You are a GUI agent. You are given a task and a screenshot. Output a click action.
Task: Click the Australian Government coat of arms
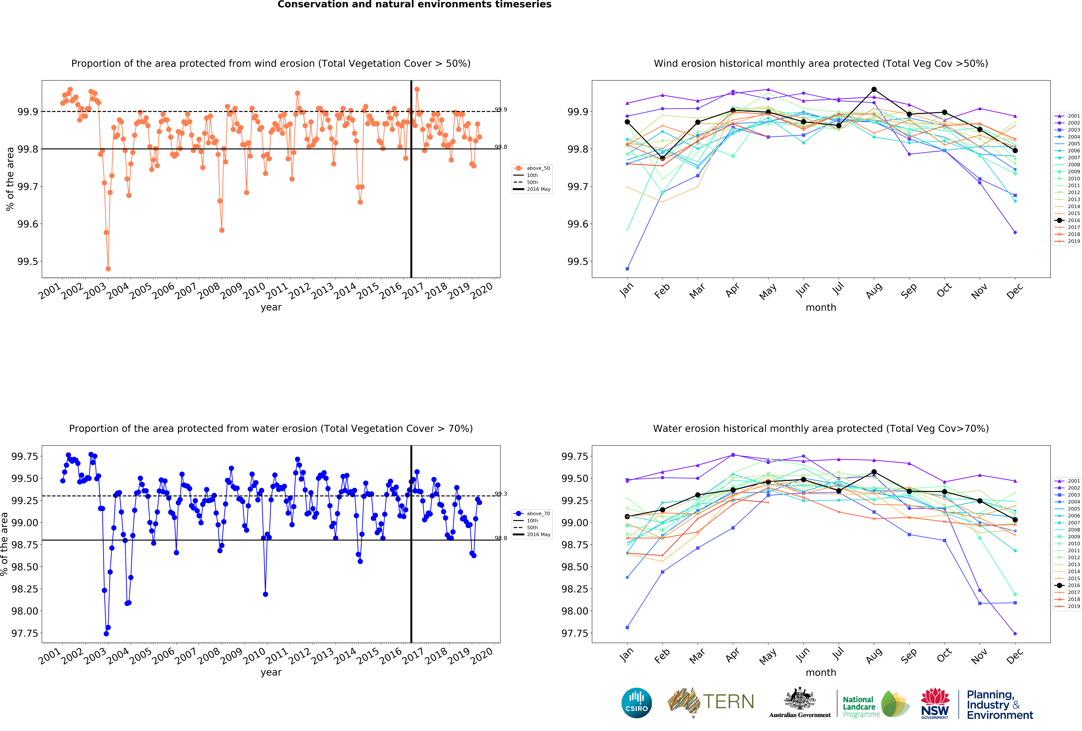[x=799, y=698]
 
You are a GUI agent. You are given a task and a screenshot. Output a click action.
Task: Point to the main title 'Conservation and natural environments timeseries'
[x=414, y=5]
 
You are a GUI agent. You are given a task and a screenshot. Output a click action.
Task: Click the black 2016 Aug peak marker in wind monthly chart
[x=874, y=89]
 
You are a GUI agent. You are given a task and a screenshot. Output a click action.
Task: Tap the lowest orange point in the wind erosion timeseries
[x=108, y=269]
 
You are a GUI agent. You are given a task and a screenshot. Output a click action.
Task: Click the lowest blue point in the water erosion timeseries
[x=106, y=634]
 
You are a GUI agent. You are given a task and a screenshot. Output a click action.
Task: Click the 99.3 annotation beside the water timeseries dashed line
[x=501, y=494]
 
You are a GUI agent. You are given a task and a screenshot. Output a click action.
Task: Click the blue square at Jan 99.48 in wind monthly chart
[x=627, y=269]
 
